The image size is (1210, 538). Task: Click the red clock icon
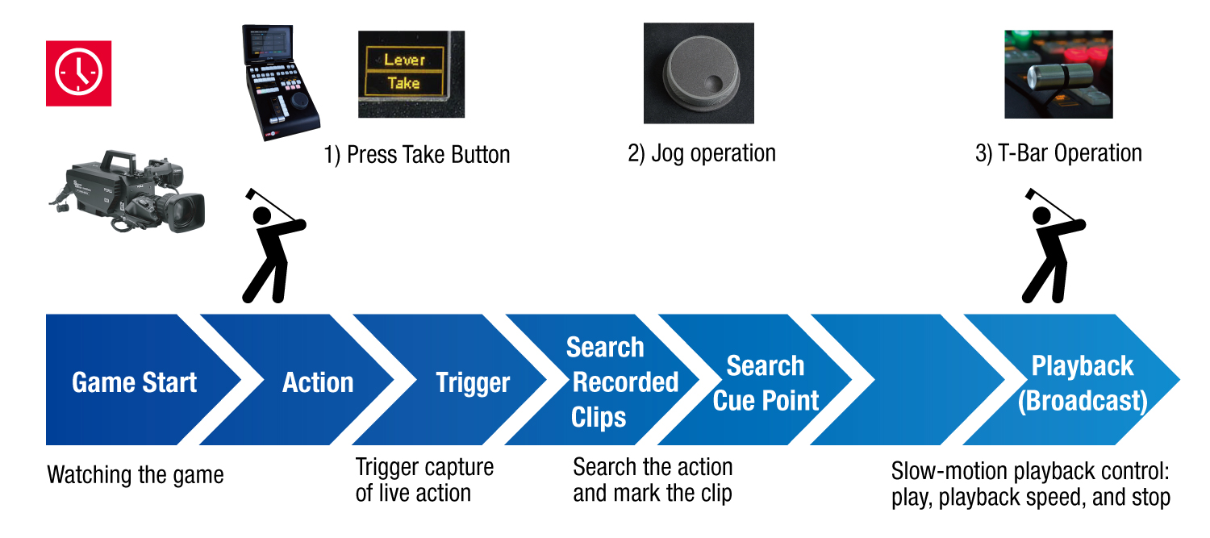point(78,73)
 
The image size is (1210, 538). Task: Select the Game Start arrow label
point(134,382)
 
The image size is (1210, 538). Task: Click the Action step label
point(318,382)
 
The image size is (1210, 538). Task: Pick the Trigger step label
point(473,383)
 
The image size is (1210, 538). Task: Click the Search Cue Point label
point(766,382)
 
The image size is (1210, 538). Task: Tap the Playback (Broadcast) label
point(1082,383)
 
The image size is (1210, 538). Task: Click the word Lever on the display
point(403,60)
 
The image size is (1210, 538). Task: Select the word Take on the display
point(403,82)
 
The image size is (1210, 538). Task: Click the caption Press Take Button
point(417,154)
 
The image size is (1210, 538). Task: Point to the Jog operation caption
point(701,153)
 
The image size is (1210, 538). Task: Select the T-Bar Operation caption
point(1058,152)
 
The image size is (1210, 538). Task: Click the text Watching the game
point(136,474)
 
